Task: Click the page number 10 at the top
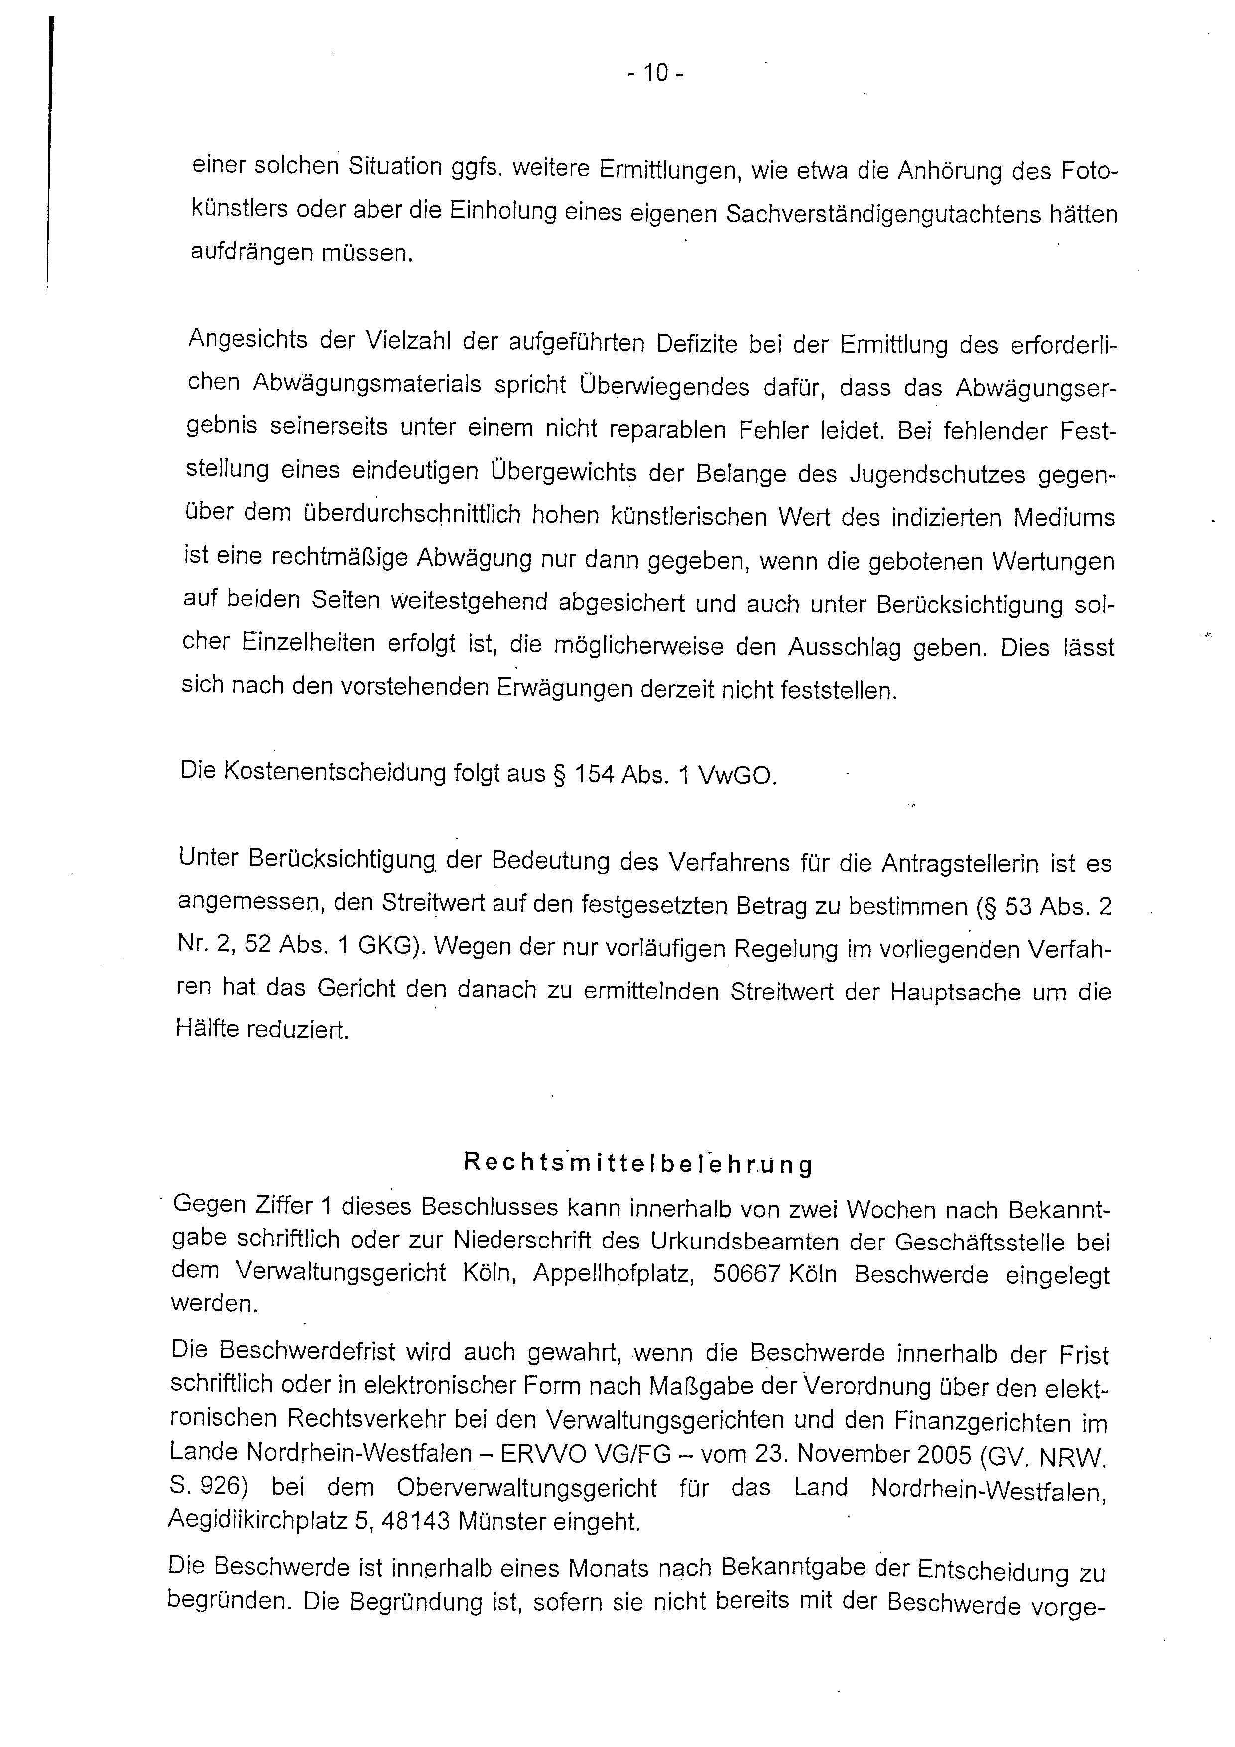(655, 73)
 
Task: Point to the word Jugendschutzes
(930, 475)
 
